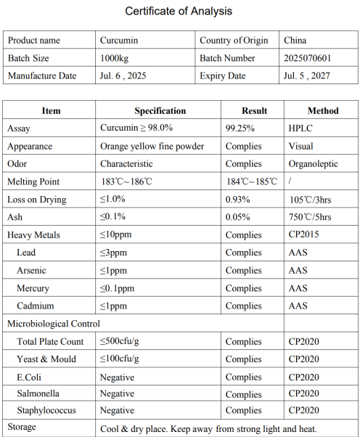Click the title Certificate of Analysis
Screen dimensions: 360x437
[x=179, y=11]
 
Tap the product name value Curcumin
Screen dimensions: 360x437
[x=118, y=41]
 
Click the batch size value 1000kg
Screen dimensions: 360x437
[x=116, y=58]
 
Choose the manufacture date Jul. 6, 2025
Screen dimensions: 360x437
[x=123, y=75]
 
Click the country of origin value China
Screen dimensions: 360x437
[x=296, y=41]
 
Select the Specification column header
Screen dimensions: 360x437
[x=160, y=111]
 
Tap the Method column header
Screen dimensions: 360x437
[x=322, y=111]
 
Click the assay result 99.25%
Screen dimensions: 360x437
[x=240, y=128]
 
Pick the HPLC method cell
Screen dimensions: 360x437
[x=300, y=128]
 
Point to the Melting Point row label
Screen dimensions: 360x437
[x=33, y=181]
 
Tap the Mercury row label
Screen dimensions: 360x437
[x=33, y=288]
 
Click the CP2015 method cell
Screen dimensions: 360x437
[x=303, y=234]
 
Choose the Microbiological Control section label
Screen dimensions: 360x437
[x=54, y=324]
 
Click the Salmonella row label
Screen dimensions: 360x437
[x=38, y=394]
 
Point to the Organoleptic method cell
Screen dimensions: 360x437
[x=313, y=164]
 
